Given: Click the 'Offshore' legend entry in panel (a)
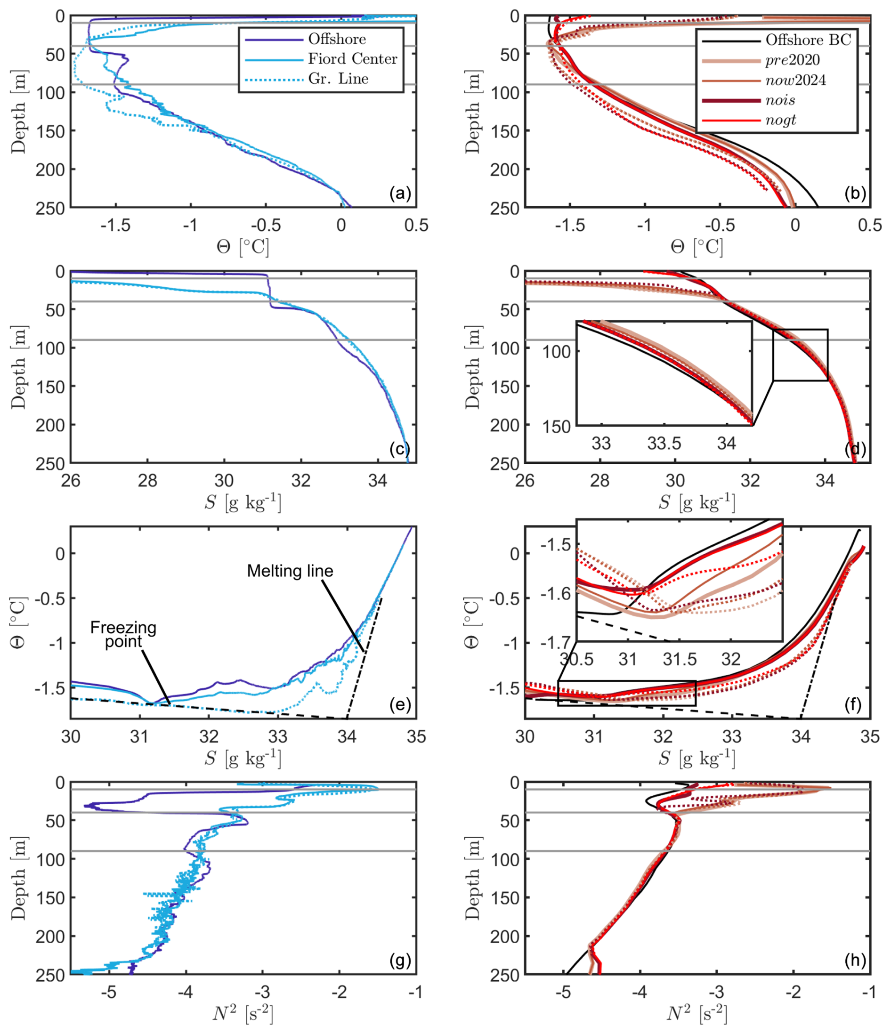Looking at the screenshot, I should (x=336, y=39).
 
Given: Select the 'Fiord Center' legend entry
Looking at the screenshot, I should (x=352, y=59).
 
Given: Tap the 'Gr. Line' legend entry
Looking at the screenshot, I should (x=338, y=79).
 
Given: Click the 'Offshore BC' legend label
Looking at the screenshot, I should (x=808, y=40).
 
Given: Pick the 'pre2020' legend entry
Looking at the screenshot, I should (x=792, y=60).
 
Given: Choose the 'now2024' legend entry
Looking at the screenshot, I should (x=795, y=81).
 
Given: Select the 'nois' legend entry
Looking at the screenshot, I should (x=780, y=100).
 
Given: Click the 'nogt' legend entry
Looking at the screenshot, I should (x=780, y=120).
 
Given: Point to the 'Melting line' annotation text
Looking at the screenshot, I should (x=290, y=571).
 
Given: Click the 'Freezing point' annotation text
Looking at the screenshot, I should (x=123, y=634).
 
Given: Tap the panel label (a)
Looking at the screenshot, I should (x=400, y=194).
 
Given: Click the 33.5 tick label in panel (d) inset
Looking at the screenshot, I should (x=664, y=443).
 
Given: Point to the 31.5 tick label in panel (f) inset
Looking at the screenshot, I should (x=680, y=659).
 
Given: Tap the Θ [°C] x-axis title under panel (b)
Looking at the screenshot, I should (x=697, y=247).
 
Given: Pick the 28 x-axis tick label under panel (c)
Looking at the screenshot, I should (x=147, y=481).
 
